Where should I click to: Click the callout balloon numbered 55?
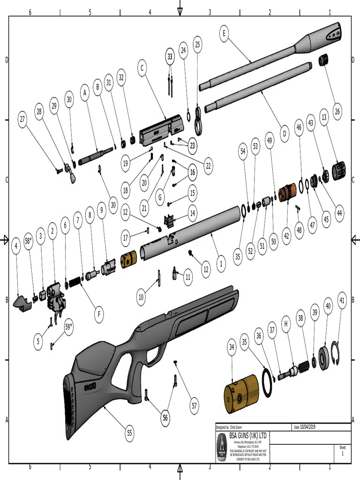pyautogui.click(x=129, y=434)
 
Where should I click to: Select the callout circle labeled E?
pyautogui.click(x=224, y=34)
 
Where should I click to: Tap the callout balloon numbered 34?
pyautogui.click(x=231, y=347)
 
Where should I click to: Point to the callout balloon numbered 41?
pyautogui.click(x=342, y=300)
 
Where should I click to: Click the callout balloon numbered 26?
pyautogui.click(x=337, y=111)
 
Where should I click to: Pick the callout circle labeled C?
pyautogui.click(x=140, y=68)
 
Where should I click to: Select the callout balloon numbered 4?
pyautogui.click(x=16, y=246)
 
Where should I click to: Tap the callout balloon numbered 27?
pyautogui.click(x=22, y=120)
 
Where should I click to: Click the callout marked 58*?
pyautogui.click(x=29, y=241)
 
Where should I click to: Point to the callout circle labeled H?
pyautogui.click(x=285, y=323)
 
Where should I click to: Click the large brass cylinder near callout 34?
pyautogui.click(x=240, y=393)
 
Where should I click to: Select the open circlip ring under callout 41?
pyautogui.click(x=335, y=352)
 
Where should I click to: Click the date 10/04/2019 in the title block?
pyautogui.click(x=310, y=427)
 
